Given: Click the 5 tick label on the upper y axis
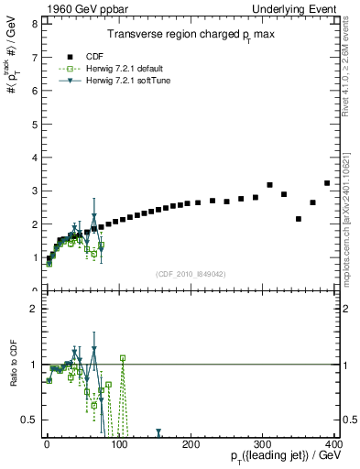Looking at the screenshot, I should click(x=33, y=124).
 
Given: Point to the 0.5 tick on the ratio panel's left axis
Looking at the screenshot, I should click(x=29, y=420).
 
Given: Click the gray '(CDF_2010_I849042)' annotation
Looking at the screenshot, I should click(x=191, y=273).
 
